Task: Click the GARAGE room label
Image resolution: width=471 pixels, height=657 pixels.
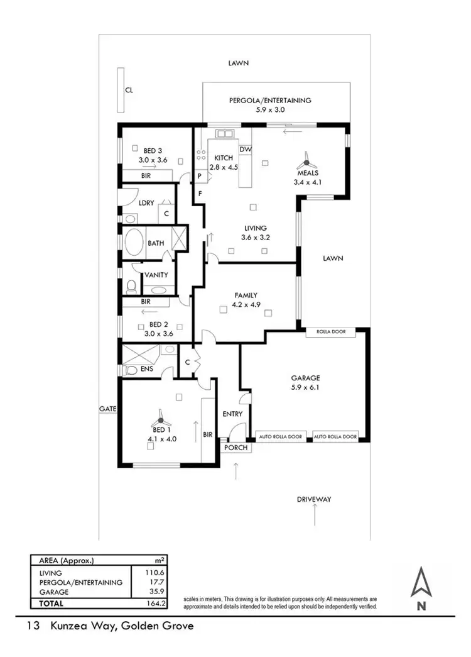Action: click(305, 378)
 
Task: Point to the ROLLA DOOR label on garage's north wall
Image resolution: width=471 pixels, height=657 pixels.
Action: click(330, 333)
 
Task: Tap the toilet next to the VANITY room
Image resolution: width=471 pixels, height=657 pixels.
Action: click(131, 287)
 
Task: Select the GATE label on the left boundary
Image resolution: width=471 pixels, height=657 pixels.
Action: click(107, 409)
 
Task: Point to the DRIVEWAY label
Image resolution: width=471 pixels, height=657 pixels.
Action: click(313, 499)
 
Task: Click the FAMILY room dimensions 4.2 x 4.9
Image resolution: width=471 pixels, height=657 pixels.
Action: click(246, 304)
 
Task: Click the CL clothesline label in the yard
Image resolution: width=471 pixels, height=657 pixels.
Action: click(129, 90)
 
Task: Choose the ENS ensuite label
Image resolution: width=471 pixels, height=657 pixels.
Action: click(147, 368)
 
